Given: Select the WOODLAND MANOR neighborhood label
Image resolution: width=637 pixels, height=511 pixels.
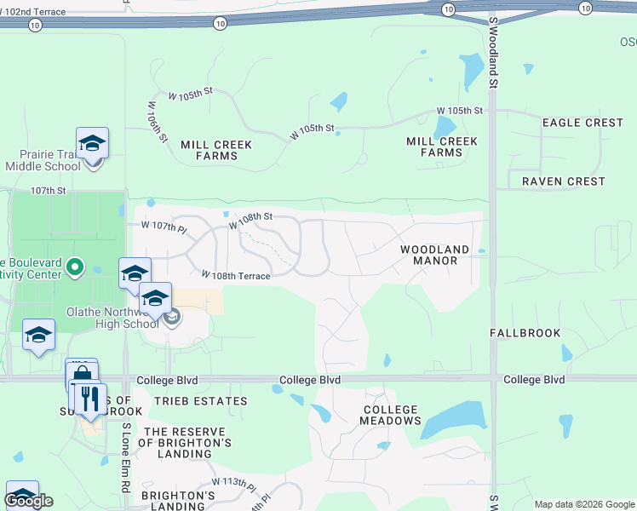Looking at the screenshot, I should [434, 255].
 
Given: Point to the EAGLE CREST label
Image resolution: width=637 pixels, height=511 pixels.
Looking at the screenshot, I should [583, 123].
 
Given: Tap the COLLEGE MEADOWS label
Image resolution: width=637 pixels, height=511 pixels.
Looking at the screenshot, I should [391, 415].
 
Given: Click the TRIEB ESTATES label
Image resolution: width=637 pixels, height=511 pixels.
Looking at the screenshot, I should [201, 400].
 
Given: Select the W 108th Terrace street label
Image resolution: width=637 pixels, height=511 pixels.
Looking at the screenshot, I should [236, 276].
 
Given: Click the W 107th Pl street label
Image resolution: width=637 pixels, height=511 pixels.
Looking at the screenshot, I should [164, 227].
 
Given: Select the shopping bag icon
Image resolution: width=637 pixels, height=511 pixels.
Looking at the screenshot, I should [82, 375].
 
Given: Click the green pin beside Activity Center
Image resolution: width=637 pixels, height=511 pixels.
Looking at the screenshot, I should [75, 268].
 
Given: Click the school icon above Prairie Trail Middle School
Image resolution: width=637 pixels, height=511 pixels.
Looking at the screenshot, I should [92, 142].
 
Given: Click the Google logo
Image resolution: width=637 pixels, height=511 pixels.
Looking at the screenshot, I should [29, 501].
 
